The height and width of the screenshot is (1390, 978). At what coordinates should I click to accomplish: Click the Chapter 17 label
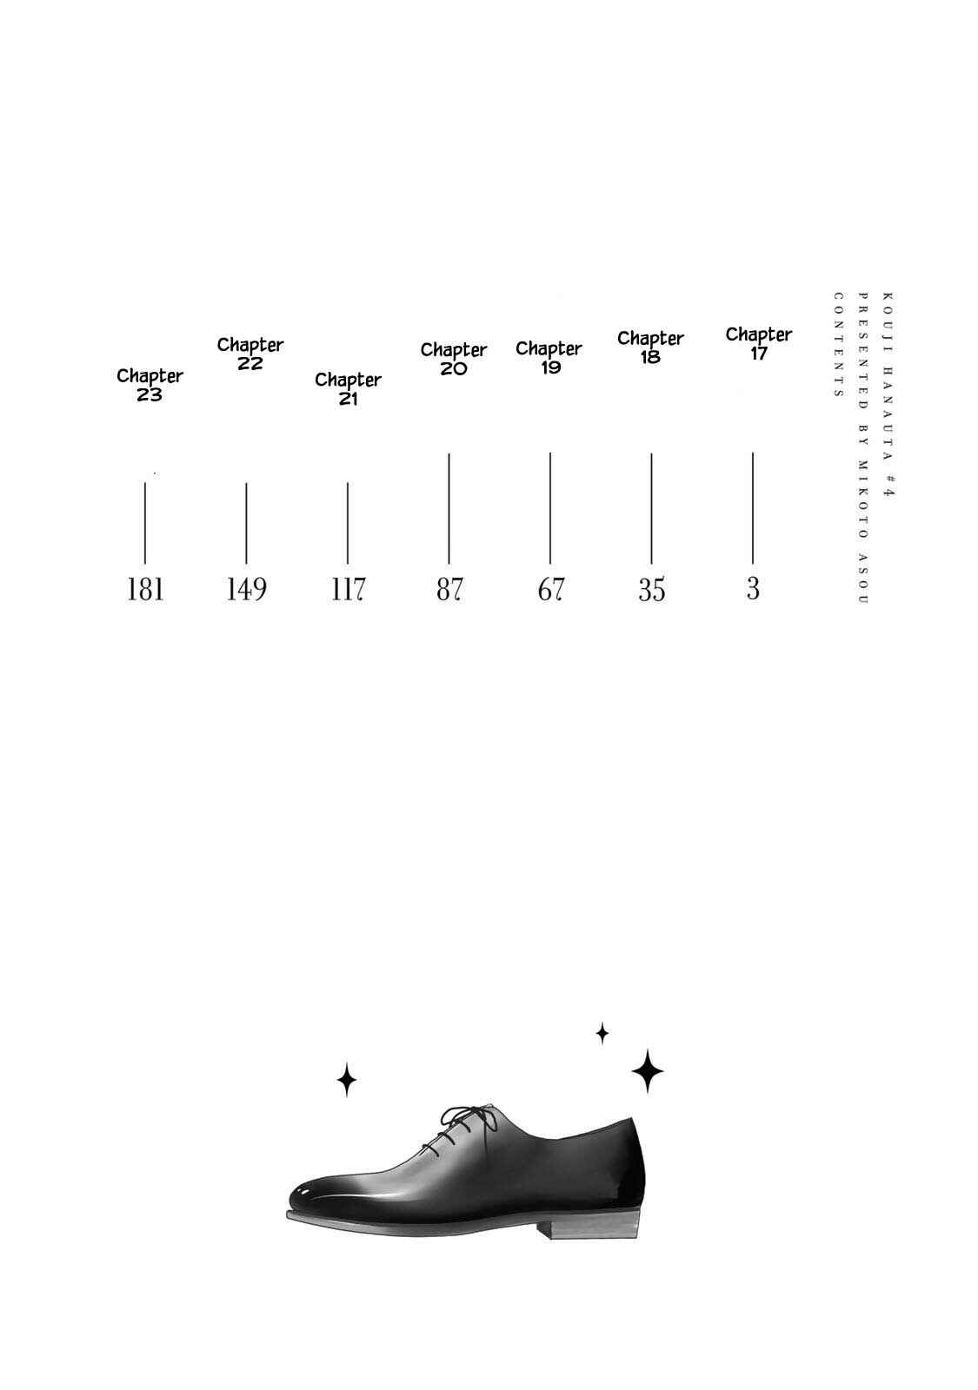[758, 343]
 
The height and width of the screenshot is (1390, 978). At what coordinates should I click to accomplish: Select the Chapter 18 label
[650, 347]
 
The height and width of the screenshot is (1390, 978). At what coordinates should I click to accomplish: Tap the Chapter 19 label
[549, 357]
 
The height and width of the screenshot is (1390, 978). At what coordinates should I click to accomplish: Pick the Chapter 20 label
[454, 359]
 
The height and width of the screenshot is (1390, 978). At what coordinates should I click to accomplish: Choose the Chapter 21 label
[348, 388]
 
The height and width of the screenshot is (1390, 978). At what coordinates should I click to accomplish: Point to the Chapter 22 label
[250, 354]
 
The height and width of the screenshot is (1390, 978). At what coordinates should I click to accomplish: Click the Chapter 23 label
[150, 385]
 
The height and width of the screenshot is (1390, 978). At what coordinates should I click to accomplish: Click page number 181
[145, 589]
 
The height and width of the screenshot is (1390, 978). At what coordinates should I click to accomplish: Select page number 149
[247, 589]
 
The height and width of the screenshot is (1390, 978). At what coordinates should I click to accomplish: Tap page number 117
[348, 589]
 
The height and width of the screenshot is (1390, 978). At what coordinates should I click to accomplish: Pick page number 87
[449, 589]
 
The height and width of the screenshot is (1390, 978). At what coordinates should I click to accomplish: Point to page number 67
[550, 589]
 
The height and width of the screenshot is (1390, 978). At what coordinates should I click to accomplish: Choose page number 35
[651, 590]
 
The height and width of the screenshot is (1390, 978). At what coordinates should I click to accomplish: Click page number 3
[753, 588]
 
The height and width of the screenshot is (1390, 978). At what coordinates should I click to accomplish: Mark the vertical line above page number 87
[449, 509]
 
